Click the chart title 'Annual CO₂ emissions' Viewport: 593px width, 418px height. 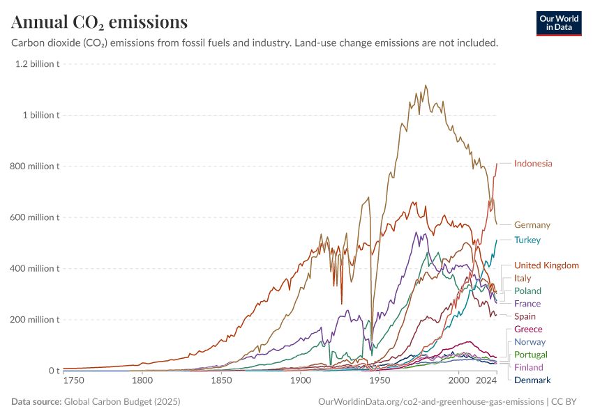[100, 22]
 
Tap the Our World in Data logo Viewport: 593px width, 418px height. [558, 23]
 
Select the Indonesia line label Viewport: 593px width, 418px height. [533, 164]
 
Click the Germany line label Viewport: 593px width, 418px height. [532, 225]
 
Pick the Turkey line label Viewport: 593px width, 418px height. [527, 240]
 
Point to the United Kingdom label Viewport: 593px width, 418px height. [546, 265]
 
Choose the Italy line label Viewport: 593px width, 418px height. [523, 278]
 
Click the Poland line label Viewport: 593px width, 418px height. [527, 291]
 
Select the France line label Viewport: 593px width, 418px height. [527, 304]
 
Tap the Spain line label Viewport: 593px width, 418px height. [525, 316]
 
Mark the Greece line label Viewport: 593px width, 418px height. [528, 329]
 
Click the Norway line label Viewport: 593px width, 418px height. [530, 342]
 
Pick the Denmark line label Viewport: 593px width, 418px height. [532, 380]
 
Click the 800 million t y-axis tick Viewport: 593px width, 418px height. [36, 167]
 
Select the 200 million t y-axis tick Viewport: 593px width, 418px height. [36, 320]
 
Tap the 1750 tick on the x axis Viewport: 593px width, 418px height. [73, 381]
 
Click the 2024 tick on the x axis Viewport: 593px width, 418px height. [486, 381]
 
